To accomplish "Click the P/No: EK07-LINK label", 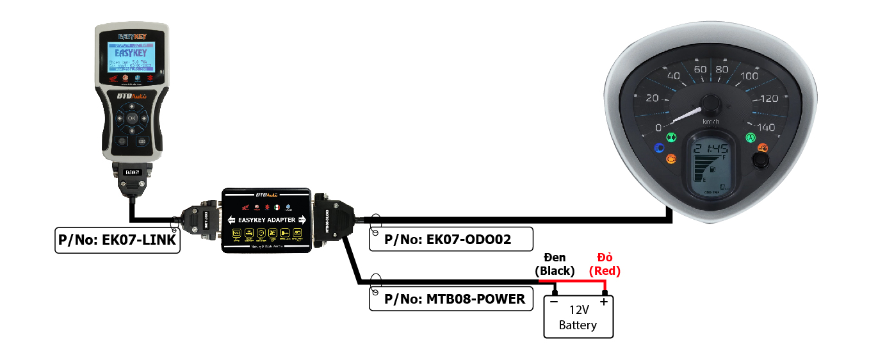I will coord(117,240).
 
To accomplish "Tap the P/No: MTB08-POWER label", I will coord(451,299).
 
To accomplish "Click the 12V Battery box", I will coord(578,317).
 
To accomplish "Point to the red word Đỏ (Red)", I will coord(605,264).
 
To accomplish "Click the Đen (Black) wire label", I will coord(555,264).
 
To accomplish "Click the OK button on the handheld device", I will coord(131,119).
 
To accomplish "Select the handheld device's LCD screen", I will coord(132,57).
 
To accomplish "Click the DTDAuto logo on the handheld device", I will coord(132,96).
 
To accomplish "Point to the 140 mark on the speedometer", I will coord(766,127).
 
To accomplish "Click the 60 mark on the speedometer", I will coord(700,69).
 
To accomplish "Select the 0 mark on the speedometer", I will coord(658,128).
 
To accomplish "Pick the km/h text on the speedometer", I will coord(711,122).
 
